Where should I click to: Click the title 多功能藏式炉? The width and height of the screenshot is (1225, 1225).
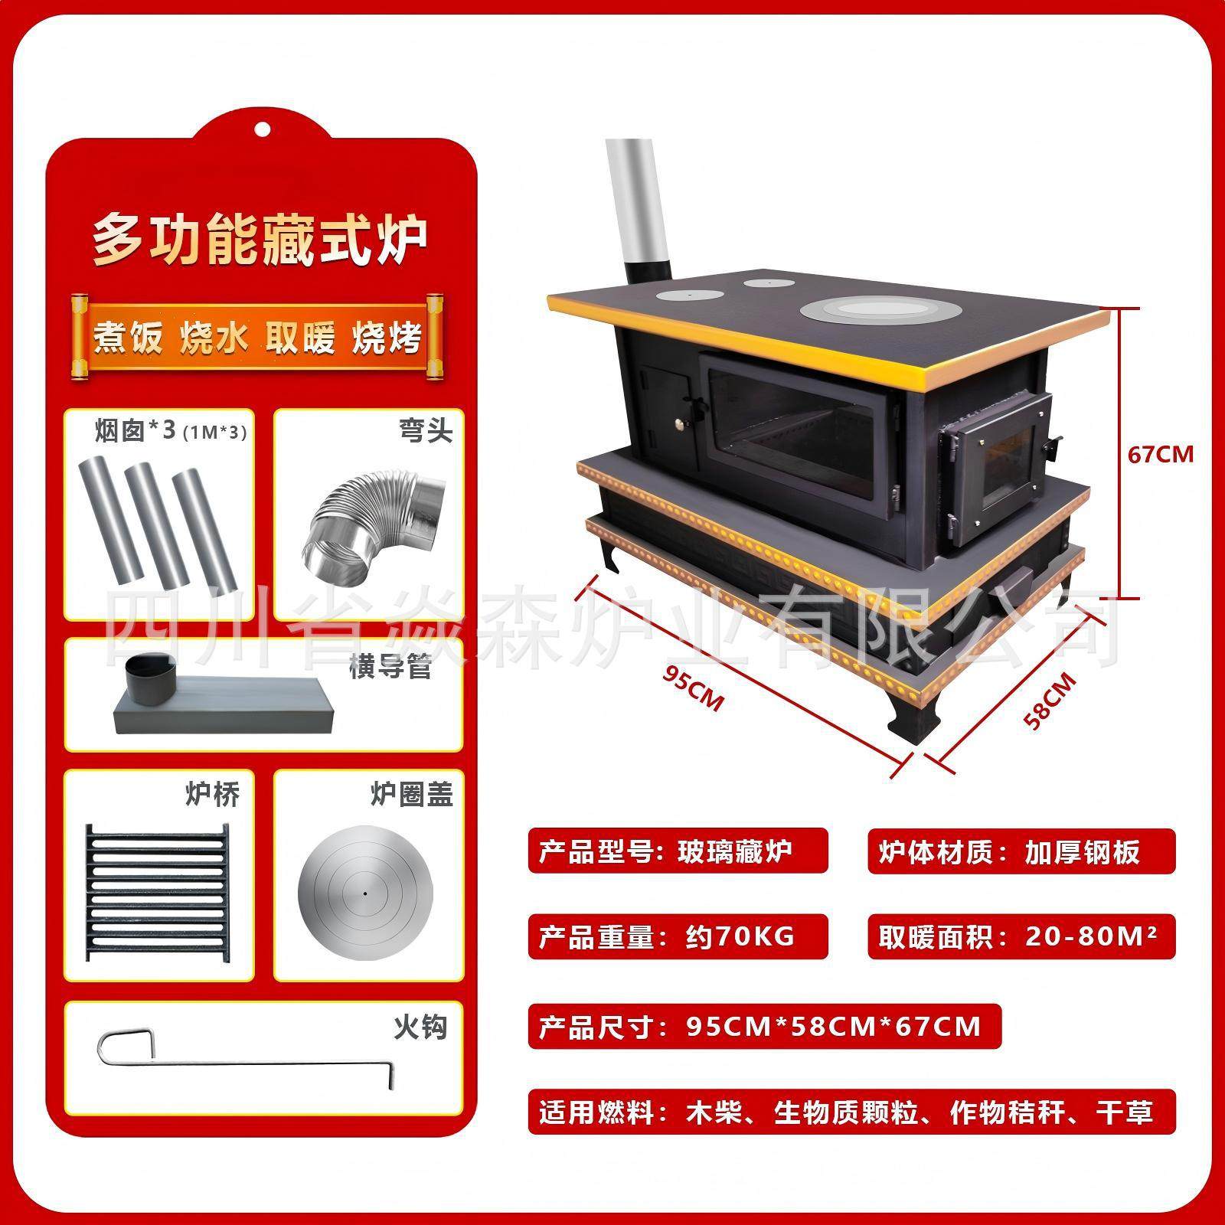(260, 239)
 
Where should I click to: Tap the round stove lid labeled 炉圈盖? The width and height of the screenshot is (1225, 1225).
(365, 893)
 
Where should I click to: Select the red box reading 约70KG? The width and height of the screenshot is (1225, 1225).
(677, 936)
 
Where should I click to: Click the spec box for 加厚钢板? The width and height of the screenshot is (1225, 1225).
(1021, 851)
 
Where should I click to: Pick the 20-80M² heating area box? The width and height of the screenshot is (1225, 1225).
(1021, 936)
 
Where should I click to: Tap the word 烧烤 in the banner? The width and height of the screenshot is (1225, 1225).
(387, 338)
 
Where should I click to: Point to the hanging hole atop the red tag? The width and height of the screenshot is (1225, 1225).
(263, 127)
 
